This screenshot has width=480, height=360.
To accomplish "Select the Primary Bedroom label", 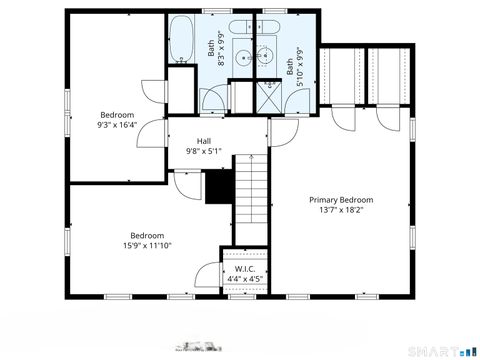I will click(x=341, y=200).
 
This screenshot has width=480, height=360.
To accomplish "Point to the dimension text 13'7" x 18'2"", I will click(x=341, y=211).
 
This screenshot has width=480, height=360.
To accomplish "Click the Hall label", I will click(x=204, y=141).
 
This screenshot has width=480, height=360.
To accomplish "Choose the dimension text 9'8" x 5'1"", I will click(x=204, y=152).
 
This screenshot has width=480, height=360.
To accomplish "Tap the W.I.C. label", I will click(x=245, y=270).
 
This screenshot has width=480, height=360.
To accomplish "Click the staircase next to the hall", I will click(x=252, y=200).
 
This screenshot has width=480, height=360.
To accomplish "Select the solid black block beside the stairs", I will click(x=219, y=186).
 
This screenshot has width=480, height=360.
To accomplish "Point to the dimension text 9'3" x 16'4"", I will click(x=117, y=125).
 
